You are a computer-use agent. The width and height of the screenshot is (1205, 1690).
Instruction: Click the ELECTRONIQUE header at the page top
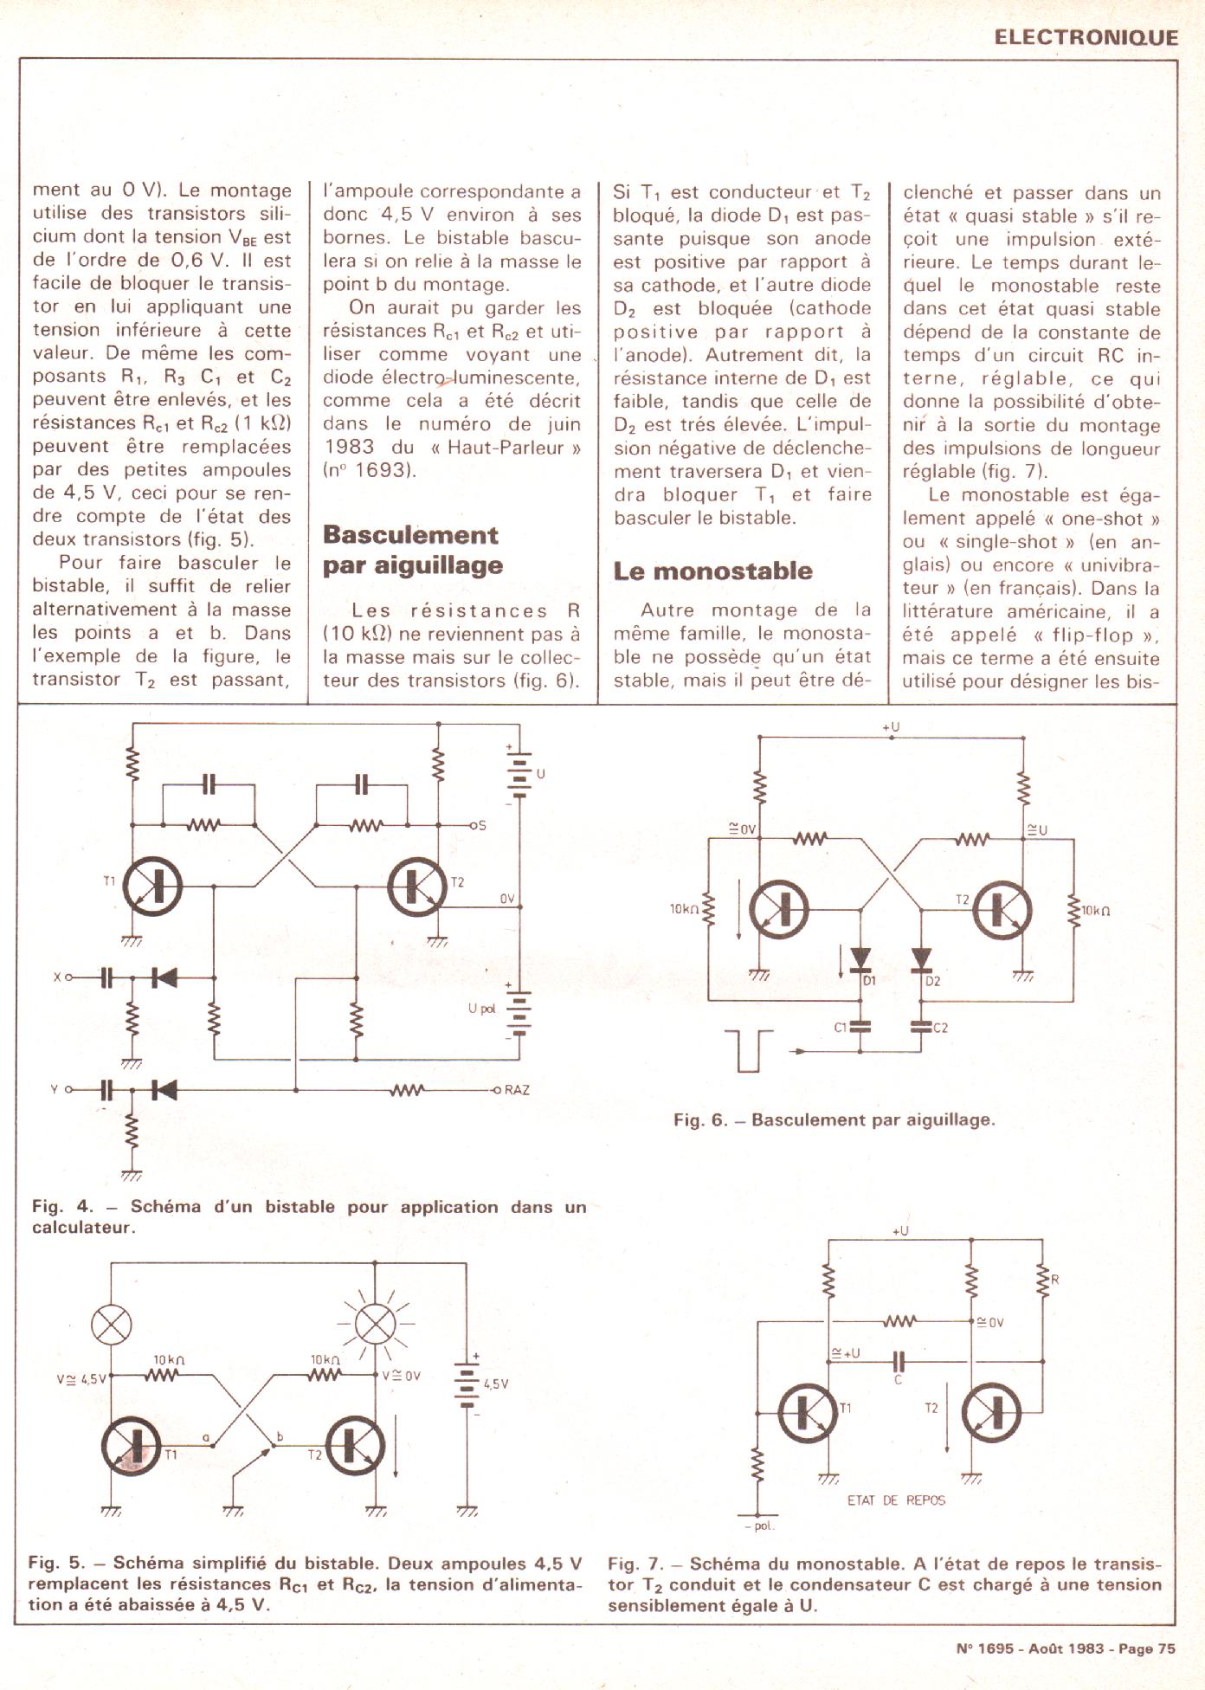[1086, 37]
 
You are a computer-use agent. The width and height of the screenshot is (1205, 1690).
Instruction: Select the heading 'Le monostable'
[712, 571]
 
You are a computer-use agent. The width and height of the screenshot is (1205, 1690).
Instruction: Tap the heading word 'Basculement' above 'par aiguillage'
[410, 535]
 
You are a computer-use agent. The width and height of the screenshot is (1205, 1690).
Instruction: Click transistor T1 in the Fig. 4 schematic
[153, 886]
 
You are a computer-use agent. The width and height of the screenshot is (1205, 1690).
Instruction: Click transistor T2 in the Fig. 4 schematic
[417, 886]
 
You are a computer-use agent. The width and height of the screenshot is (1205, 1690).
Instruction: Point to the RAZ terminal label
[517, 1089]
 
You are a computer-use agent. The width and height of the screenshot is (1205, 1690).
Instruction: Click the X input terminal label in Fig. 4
[57, 977]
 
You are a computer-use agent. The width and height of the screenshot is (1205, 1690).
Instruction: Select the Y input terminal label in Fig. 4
[55, 1089]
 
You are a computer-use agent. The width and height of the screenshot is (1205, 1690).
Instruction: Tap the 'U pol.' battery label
[481, 1009]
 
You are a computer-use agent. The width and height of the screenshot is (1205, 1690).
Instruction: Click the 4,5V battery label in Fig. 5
[496, 1384]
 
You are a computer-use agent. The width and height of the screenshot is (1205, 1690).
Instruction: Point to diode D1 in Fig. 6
[860, 958]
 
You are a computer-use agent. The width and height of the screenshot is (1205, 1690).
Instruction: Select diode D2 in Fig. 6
[921, 958]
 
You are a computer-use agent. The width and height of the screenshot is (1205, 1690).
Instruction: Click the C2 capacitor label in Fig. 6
[940, 1028]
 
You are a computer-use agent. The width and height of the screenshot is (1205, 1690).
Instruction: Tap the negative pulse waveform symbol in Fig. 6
[748, 1050]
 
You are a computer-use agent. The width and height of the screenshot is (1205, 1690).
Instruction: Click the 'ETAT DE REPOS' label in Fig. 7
[896, 1500]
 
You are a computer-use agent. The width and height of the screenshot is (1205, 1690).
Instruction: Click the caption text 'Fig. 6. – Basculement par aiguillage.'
[834, 1119]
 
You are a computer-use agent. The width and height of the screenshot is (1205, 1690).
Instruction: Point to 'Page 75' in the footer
[1147, 1648]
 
